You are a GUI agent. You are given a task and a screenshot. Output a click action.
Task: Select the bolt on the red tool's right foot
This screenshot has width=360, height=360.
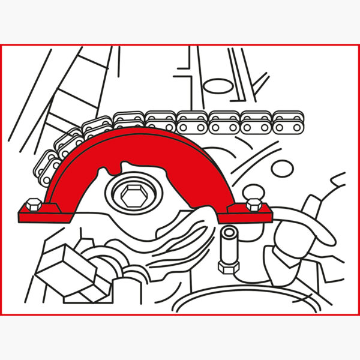point(253,204)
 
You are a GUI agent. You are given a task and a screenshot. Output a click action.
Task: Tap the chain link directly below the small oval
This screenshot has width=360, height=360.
point(224,120)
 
